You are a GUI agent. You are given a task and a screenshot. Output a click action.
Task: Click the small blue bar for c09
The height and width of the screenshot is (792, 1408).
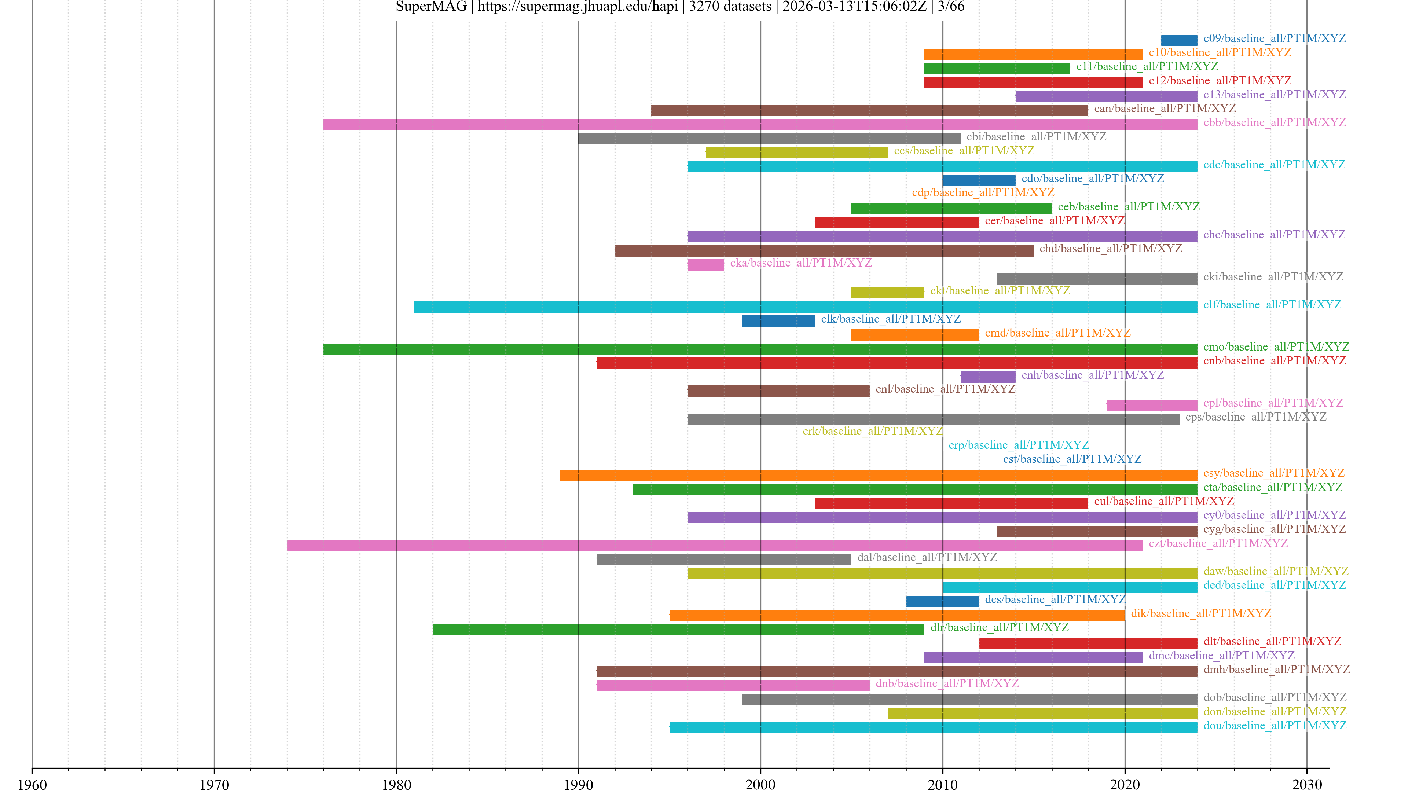1178,40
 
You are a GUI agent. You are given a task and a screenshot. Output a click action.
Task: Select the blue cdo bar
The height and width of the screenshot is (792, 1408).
978,181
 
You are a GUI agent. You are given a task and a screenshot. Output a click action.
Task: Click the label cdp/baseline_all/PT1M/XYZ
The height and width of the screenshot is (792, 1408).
983,192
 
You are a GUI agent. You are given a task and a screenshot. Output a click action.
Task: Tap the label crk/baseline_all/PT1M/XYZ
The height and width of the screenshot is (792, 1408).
872,431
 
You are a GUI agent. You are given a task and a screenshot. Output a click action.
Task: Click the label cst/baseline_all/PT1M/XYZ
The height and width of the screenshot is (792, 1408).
1072,459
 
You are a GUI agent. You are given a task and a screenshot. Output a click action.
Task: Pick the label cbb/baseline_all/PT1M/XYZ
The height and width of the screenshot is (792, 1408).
1274,122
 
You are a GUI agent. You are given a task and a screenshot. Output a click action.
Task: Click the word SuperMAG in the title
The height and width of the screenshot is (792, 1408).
431,7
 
